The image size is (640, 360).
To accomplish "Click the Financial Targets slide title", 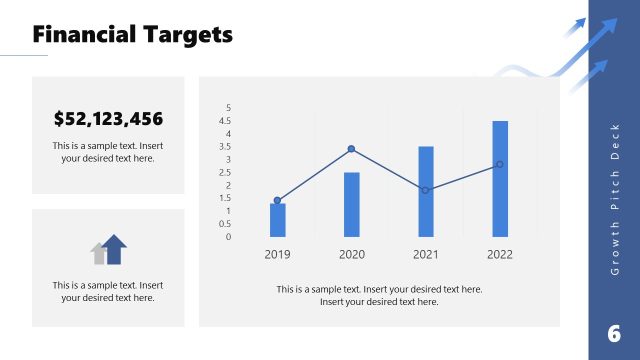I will click(x=132, y=35).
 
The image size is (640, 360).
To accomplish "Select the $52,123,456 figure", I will click(x=108, y=120).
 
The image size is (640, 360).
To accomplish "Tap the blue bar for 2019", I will click(x=278, y=220).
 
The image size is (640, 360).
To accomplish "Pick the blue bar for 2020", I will click(x=352, y=204).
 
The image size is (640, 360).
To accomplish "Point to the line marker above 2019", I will click(x=278, y=200).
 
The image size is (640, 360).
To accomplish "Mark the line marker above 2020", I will click(x=352, y=149).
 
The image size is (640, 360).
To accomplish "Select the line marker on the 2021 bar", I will click(x=426, y=190).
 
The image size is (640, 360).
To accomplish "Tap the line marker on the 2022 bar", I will click(x=500, y=164).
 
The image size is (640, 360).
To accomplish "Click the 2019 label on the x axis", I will click(x=278, y=254).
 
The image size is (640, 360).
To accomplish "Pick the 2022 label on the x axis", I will click(x=500, y=254).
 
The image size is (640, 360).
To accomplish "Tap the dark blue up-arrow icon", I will click(x=115, y=249).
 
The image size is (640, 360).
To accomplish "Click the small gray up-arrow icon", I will click(x=99, y=254).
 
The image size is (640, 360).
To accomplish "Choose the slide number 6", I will click(x=613, y=334).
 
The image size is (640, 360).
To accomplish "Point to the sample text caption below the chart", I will click(x=379, y=295).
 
